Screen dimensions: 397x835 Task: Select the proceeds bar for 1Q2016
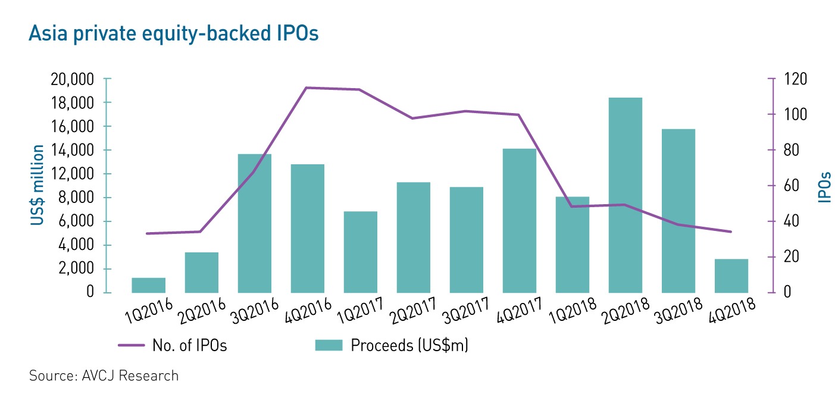(x=148, y=285)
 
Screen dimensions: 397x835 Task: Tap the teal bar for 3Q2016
(x=254, y=223)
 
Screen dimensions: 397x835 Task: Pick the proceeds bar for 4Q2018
(x=731, y=276)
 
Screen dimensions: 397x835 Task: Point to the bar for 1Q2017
(x=360, y=252)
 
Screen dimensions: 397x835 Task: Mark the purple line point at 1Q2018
(x=573, y=207)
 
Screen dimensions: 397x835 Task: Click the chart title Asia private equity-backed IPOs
(x=173, y=34)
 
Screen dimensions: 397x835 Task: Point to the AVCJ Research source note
(x=104, y=376)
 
